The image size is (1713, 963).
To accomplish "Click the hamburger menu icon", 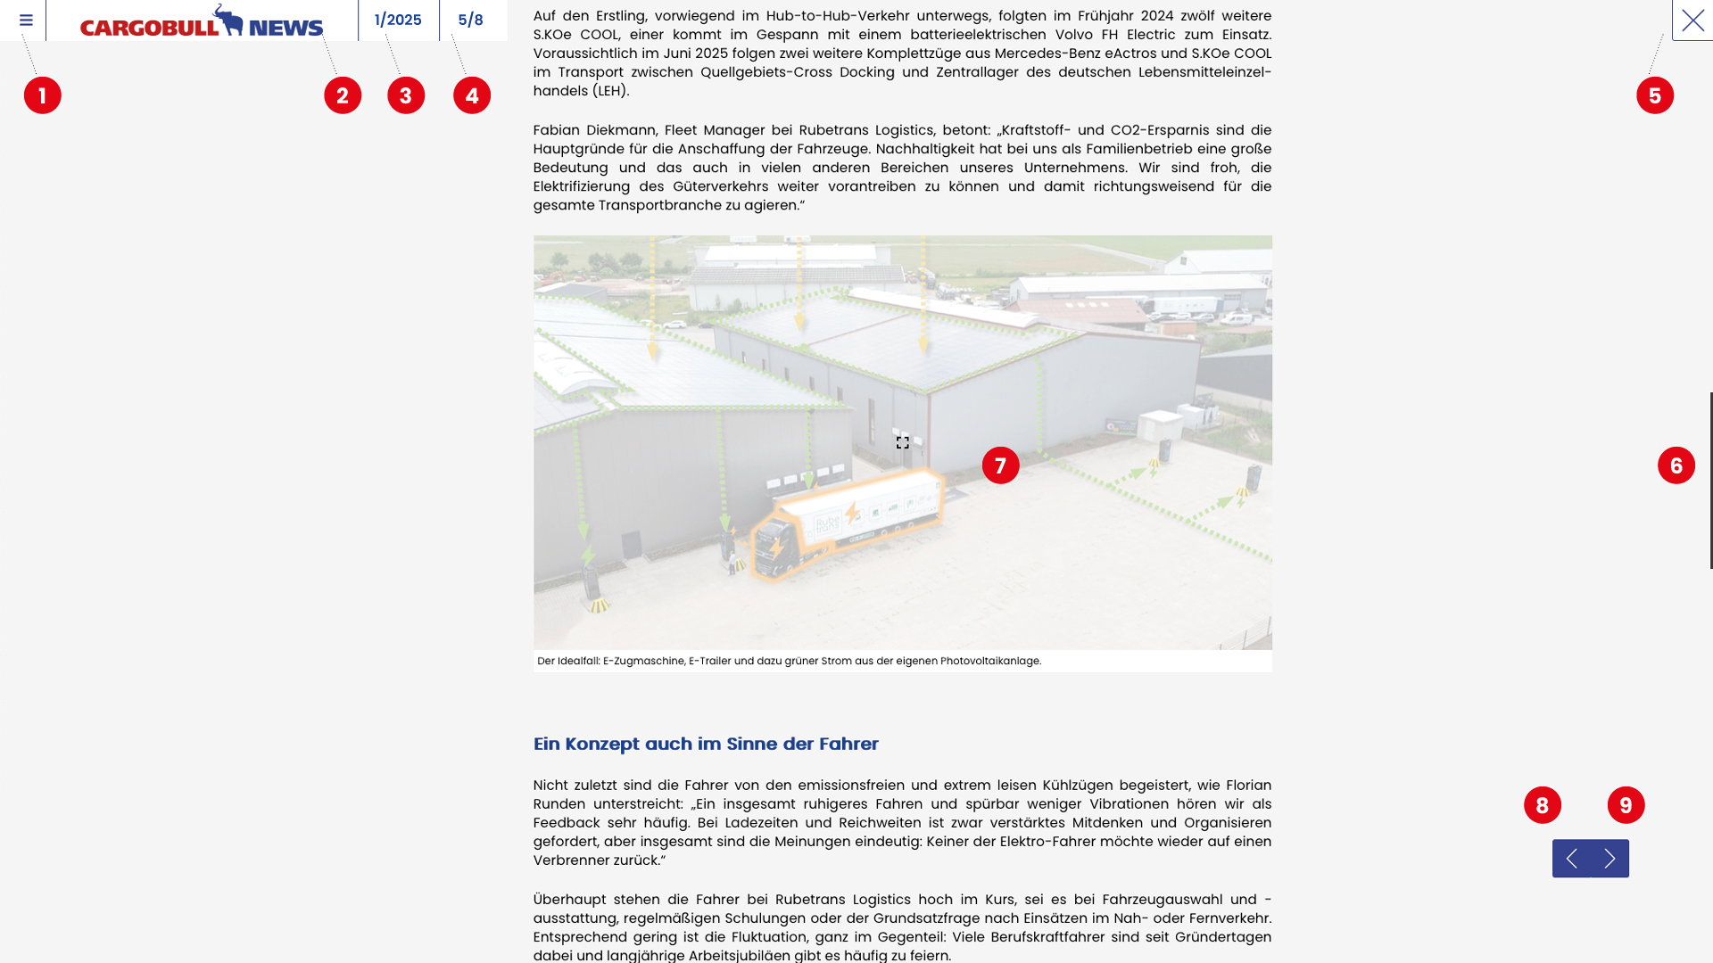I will click(x=26, y=20).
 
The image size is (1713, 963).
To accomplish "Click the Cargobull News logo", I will click(x=202, y=21).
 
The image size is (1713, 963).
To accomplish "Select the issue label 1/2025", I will click(x=398, y=20).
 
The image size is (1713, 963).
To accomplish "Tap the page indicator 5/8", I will click(x=470, y=20).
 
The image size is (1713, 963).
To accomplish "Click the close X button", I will click(x=1692, y=20).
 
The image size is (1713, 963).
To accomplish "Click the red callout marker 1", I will click(x=43, y=95).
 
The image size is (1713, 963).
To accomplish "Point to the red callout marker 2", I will click(x=343, y=95).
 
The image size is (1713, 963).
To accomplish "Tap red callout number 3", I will click(x=406, y=95).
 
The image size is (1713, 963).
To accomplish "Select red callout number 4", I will click(x=472, y=95).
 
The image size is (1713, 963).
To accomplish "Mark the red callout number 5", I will click(x=1655, y=95).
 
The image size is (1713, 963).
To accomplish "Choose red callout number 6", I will click(x=1676, y=465).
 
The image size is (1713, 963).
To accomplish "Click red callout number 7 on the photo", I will click(x=1000, y=465).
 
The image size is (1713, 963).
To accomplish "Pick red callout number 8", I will click(x=1543, y=805).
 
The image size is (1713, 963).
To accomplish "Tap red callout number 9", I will click(x=1626, y=805).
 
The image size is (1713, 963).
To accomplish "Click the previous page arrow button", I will click(x=1571, y=859).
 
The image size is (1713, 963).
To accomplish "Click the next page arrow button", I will click(x=1610, y=859).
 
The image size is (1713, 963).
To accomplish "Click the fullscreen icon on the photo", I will click(x=903, y=442).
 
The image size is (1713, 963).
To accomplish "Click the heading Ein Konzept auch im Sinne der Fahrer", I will click(x=706, y=744).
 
